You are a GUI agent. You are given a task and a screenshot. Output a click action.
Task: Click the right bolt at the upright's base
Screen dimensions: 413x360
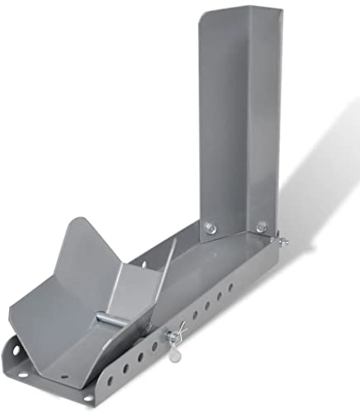click(x=262, y=225)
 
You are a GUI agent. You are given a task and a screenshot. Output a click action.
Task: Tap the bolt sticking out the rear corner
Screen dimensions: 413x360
click(x=283, y=240)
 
